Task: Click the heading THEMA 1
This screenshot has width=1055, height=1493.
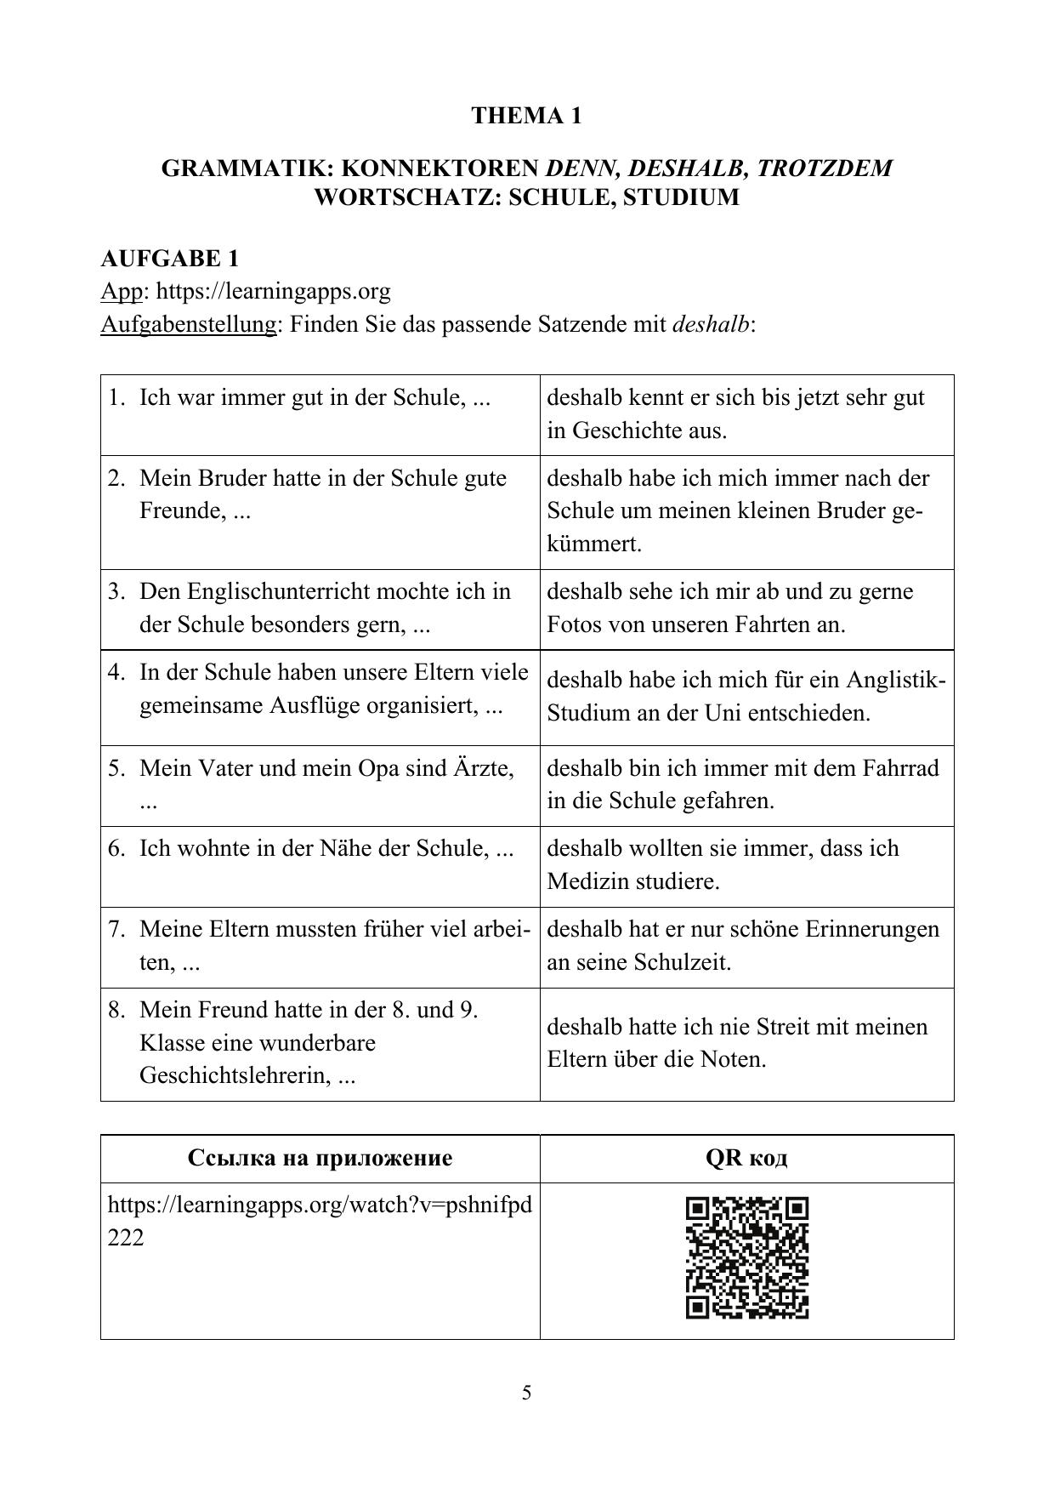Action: click(x=526, y=116)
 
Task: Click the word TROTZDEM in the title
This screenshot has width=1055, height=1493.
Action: click(x=824, y=168)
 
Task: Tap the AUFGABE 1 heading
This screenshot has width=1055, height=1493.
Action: click(x=169, y=258)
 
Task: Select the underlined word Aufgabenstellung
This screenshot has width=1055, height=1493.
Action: click(x=188, y=324)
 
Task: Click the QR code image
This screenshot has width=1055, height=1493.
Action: click(x=746, y=1258)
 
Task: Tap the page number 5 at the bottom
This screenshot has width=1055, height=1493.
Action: click(x=527, y=1392)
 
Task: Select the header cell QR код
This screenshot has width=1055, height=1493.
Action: click(x=746, y=1158)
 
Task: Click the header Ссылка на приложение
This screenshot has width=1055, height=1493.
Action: click(x=320, y=1158)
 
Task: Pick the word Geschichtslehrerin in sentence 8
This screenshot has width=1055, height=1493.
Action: click(x=235, y=1075)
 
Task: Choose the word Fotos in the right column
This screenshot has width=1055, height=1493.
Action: click(x=575, y=624)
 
